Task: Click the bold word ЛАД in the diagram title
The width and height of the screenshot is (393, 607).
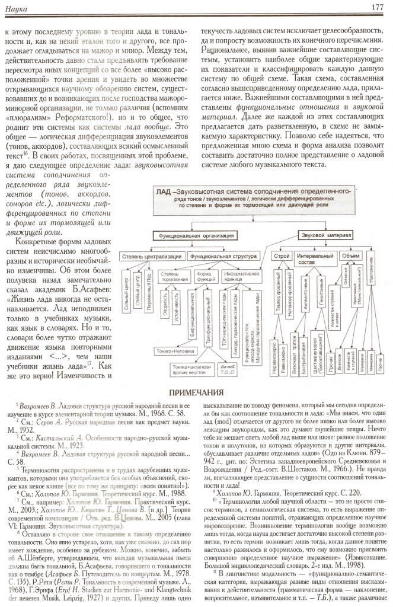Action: click(164, 192)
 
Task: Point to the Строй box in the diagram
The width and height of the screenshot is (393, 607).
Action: click(282, 256)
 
